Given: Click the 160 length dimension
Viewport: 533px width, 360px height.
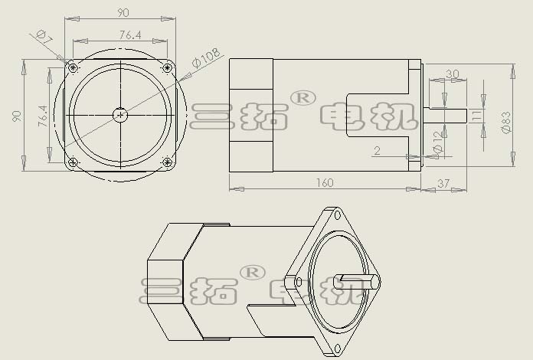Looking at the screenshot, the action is [325, 183].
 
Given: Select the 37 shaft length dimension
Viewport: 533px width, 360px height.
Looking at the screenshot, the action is [443, 184].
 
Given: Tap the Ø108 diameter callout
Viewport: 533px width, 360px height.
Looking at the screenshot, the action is [206, 57].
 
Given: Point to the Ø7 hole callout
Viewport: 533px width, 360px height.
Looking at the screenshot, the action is [44, 37].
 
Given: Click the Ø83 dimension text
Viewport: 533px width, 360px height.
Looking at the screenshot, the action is [506, 122].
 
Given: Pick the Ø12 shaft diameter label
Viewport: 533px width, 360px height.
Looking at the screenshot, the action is [438, 142].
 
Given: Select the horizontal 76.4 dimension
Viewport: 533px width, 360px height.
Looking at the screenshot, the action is [130, 34].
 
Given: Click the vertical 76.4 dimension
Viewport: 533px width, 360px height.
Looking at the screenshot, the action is [43, 116].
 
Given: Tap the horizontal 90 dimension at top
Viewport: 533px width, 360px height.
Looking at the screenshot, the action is [123, 12].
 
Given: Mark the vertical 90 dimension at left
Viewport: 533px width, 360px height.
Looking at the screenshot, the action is [17, 116].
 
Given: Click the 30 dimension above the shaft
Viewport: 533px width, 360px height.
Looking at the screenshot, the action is [452, 74].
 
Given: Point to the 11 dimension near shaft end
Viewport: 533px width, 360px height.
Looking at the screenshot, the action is [477, 115].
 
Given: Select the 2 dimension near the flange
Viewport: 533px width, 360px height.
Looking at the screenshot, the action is [377, 150].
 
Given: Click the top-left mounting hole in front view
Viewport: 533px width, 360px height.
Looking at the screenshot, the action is [73, 68].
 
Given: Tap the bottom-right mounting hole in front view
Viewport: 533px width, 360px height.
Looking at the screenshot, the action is [167, 162].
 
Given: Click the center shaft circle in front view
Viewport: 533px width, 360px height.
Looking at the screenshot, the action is [120, 115].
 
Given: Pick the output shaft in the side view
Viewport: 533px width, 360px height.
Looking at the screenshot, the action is [445, 115].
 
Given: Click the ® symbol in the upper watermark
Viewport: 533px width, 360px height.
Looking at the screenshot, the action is [302, 98].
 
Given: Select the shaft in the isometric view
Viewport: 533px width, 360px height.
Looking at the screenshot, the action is [357, 281].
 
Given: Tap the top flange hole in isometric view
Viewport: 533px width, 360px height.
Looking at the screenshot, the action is [337, 214].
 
